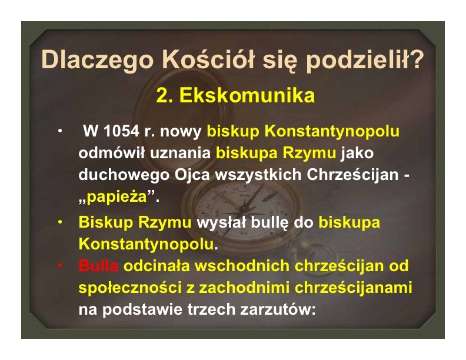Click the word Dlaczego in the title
[98, 61]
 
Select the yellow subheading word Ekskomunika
[247, 95]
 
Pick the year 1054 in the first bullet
[121, 131]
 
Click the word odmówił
[112, 153]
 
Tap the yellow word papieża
[117, 197]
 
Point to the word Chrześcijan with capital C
[352, 175]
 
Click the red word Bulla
[98, 265]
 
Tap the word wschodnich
[242, 265]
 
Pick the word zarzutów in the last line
[278, 309]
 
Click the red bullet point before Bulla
[61, 266]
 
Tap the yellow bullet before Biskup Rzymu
[61, 222]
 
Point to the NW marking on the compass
[245, 196]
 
